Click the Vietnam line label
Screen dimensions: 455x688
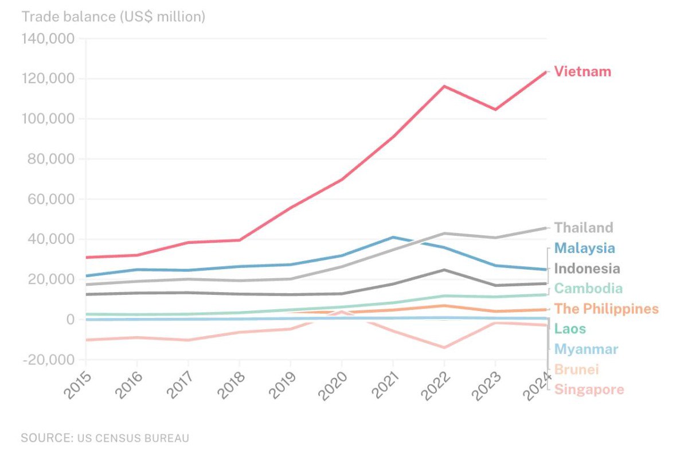click(583, 72)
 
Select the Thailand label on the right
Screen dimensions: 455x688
click(584, 228)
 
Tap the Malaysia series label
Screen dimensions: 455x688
click(585, 248)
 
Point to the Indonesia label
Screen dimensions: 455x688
click(587, 269)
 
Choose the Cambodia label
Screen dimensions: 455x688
click(588, 289)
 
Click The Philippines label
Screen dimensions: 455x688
click(607, 309)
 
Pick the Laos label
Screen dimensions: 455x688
click(570, 329)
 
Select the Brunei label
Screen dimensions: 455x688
click(576, 370)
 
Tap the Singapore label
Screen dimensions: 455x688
click(589, 390)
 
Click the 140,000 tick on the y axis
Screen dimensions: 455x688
click(48, 39)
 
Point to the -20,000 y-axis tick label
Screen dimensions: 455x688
click(48, 360)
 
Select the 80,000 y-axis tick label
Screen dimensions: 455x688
click(51, 159)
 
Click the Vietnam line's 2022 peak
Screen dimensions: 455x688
click(444, 87)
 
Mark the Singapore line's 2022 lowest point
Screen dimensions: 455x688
click(444, 347)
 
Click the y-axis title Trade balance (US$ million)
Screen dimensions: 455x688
click(113, 17)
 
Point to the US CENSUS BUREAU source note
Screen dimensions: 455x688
click(105, 438)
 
